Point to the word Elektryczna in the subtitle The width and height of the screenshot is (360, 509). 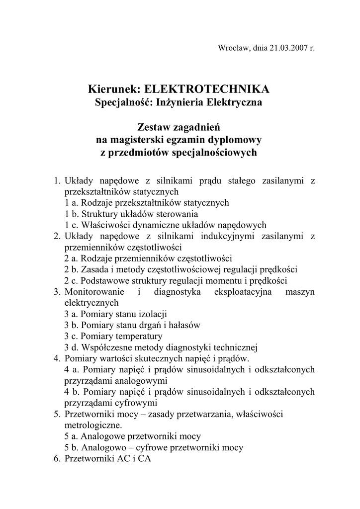coord(237,103)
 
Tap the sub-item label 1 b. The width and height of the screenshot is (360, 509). coord(71,214)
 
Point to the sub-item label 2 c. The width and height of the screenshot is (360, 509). coord(71,281)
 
